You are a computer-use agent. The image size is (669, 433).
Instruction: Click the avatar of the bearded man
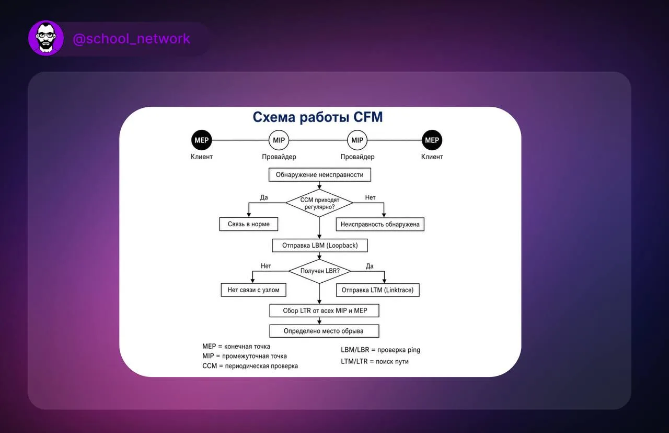click(x=46, y=38)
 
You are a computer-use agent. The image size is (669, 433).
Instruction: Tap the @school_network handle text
click(x=131, y=39)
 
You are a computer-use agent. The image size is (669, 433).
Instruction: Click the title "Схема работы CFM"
click(x=318, y=117)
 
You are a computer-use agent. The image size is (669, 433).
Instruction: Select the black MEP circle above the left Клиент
click(x=202, y=140)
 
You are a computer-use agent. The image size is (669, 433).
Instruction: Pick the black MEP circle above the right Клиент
click(x=432, y=140)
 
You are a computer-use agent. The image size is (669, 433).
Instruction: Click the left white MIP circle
click(x=279, y=140)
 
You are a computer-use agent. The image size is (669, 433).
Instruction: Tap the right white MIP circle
click(x=357, y=140)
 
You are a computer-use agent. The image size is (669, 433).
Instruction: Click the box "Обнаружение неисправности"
click(x=319, y=175)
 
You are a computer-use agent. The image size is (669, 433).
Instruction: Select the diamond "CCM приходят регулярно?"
click(x=319, y=203)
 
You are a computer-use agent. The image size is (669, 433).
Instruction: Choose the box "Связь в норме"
click(x=248, y=224)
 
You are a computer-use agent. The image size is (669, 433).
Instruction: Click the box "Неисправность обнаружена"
click(x=380, y=225)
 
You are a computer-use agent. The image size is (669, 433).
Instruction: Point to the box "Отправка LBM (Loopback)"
click(x=320, y=246)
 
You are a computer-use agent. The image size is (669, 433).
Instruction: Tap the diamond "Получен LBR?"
click(x=320, y=271)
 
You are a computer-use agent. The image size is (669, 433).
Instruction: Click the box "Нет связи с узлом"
click(x=253, y=290)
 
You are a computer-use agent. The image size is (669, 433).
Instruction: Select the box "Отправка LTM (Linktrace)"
click(x=378, y=290)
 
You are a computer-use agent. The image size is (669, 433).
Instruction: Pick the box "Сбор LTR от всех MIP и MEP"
click(x=325, y=310)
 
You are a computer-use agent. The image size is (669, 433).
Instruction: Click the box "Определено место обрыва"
click(x=325, y=331)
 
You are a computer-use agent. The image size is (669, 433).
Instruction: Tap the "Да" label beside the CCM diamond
click(x=264, y=197)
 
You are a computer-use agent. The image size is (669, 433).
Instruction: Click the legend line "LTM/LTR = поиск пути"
click(x=375, y=361)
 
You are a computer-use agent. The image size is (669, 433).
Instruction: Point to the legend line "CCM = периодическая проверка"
click(x=250, y=366)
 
